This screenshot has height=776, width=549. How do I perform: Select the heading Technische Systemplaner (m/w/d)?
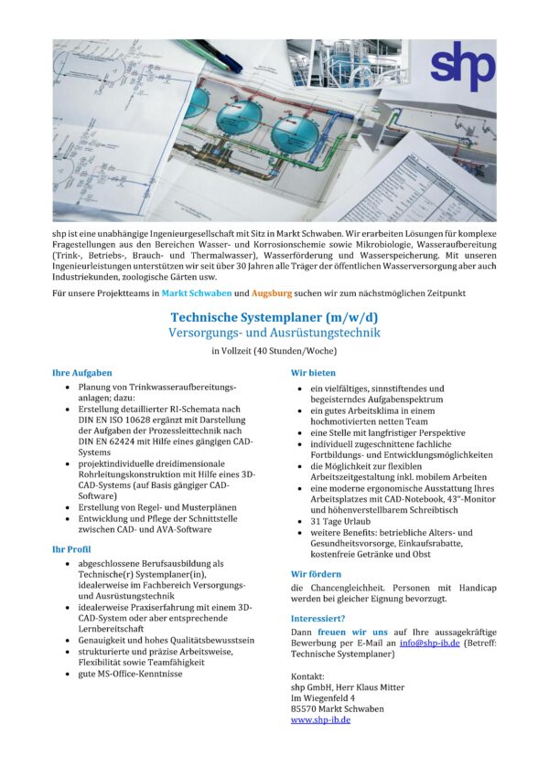click(x=274, y=317)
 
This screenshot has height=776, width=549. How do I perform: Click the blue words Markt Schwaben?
click(x=196, y=293)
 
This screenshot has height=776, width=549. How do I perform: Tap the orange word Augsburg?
click(x=265, y=293)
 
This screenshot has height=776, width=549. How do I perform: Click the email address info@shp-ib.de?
click(x=429, y=643)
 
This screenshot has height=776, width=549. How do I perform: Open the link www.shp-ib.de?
click(x=320, y=719)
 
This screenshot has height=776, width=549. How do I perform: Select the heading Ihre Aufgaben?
click(x=82, y=373)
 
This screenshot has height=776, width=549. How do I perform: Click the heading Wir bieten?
click(x=313, y=373)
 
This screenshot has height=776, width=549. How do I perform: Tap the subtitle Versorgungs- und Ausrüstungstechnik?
click(x=274, y=333)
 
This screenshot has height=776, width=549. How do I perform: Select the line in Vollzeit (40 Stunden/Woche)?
click(x=274, y=351)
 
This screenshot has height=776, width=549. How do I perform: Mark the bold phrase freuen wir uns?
click(x=352, y=632)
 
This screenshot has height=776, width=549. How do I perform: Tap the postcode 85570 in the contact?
click(x=307, y=708)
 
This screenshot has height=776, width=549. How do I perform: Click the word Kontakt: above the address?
click(x=308, y=675)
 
